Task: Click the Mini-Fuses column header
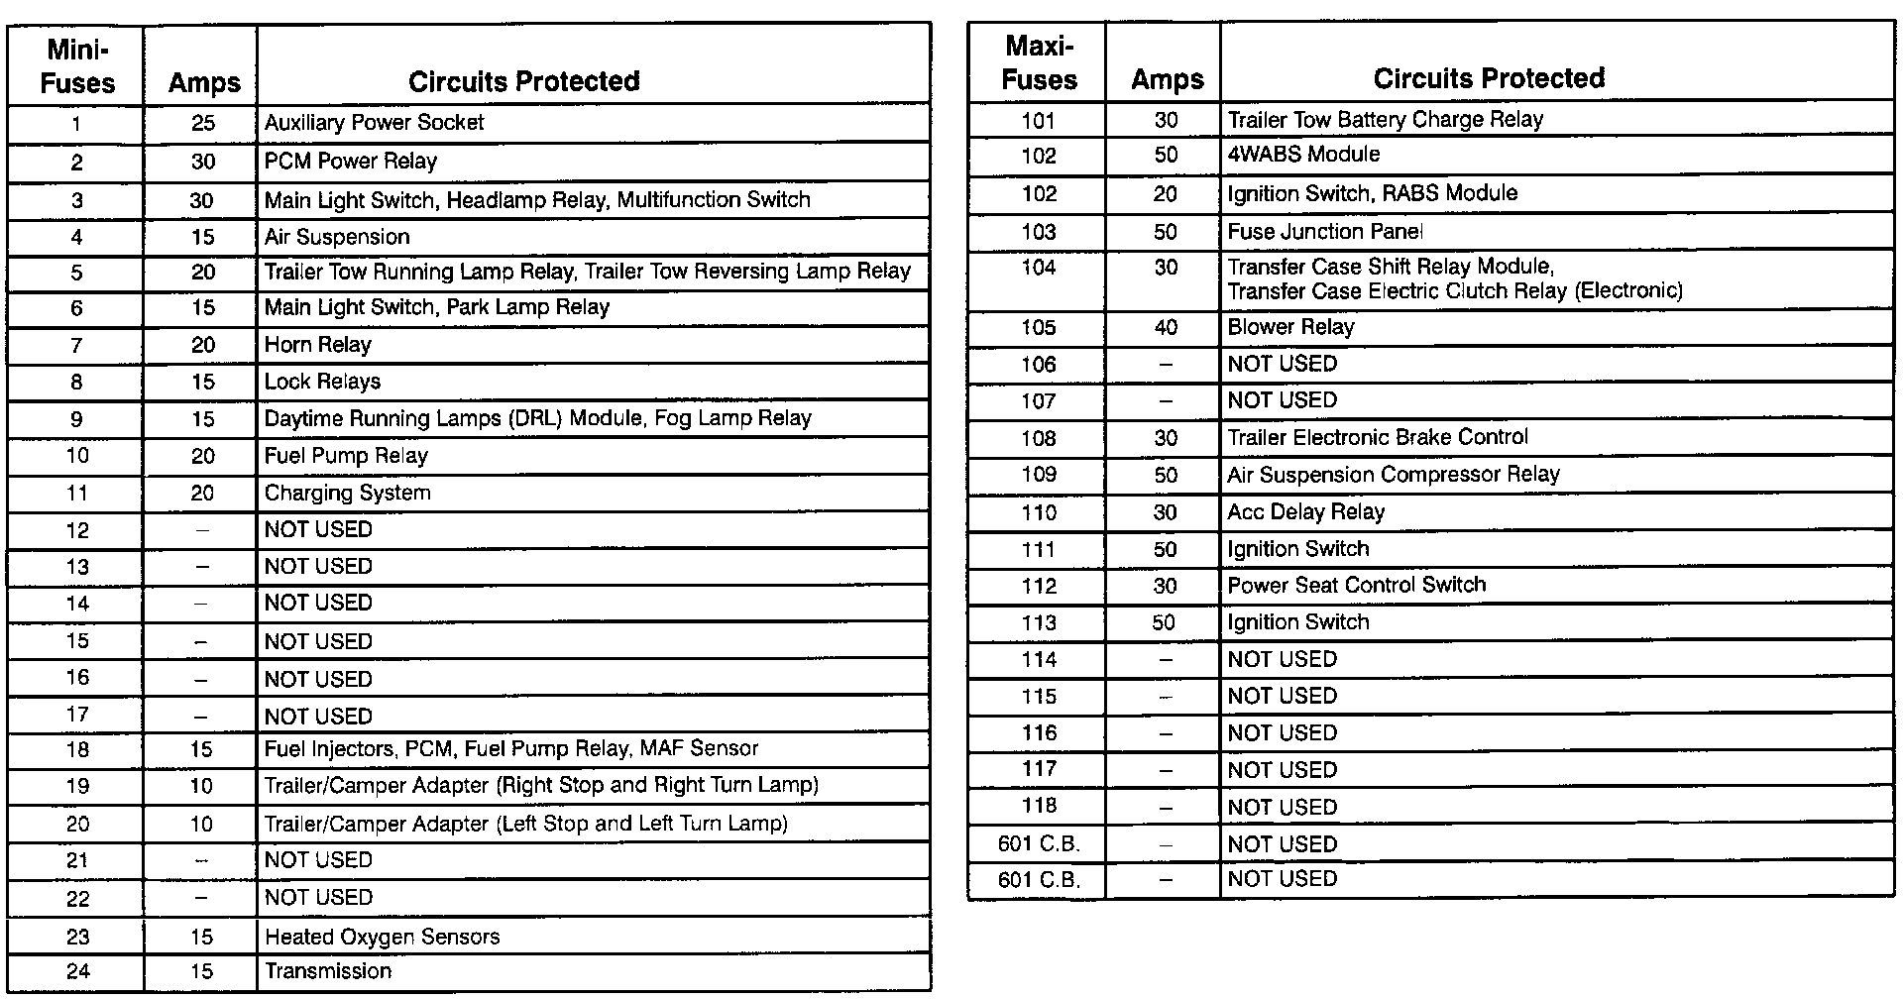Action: [x=76, y=66]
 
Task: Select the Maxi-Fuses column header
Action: [x=1039, y=62]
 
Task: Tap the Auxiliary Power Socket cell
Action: [x=374, y=123]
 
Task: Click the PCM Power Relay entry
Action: [x=350, y=162]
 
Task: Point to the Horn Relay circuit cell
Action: [x=317, y=345]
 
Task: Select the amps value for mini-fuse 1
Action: [x=202, y=123]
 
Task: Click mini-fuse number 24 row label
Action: [x=76, y=971]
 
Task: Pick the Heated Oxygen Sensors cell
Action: [x=382, y=937]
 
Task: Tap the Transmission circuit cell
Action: [x=327, y=971]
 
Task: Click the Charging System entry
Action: [x=347, y=493]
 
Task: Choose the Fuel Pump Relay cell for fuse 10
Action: [x=345, y=456]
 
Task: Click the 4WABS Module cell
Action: [x=1303, y=155]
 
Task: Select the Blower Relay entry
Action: [x=1290, y=327]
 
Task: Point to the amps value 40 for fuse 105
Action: [x=1166, y=327]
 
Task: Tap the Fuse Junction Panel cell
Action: [x=1325, y=232]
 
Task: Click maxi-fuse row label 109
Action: [x=1039, y=475]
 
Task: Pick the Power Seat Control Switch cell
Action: [x=1356, y=585]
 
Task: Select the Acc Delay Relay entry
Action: [x=1305, y=512]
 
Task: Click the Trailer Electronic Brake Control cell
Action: [x=1378, y=437]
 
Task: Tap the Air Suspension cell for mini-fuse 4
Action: [x=336, y=237]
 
